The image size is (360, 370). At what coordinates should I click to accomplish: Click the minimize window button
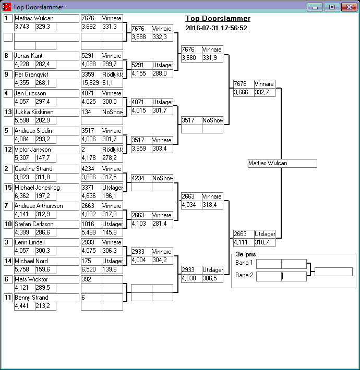[x=315, y=7]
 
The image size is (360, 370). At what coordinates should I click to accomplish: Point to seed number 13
[x=8, y=112]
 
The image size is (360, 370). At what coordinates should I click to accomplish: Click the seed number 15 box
[x=8, y=188]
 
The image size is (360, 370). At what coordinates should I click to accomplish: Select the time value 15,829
[x=91, y=83]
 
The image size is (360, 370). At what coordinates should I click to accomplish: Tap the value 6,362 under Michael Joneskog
[x=24, y=196]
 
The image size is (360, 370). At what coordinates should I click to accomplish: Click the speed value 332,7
[x=264, y=92]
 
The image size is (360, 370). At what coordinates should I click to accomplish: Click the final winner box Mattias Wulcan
[x=282, y=163]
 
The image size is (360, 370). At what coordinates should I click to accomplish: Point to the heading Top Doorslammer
[x=218, y=19]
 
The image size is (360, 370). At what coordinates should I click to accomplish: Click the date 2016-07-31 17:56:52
[x=216, y=28]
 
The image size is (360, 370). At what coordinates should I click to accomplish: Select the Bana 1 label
[x=244, y=263]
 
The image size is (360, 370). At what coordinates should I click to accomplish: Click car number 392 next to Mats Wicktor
[x=91, y=279]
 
